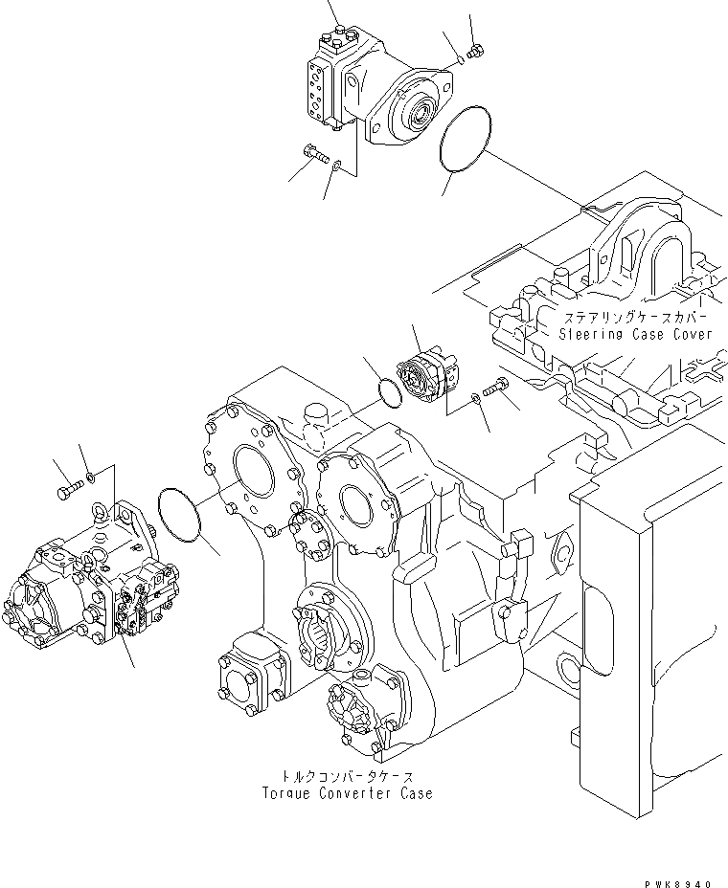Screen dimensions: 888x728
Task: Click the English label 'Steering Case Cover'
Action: point(636,335)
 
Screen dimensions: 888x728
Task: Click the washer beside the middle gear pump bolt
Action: point(474,398)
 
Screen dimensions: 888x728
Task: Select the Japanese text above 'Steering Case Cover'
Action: point(636,317)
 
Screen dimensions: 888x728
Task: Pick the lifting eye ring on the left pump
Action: point(98,515)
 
